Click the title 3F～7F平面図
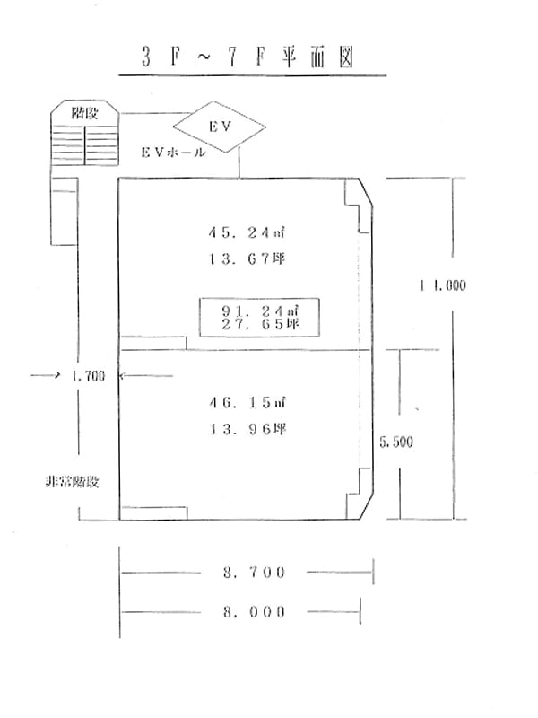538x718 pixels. point(247,57)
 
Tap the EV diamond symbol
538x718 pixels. point(220,127)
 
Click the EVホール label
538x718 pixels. point(173,153)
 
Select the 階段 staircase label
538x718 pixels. point(84,113)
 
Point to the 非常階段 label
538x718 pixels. point(72,482)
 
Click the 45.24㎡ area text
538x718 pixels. point(247,232)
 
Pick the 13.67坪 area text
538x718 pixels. point(247,259)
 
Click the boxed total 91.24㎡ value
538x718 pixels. point(260,311)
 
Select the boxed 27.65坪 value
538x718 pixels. point(260,324)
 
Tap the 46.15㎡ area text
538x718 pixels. point(247,402)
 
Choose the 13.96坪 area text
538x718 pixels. point(247,429)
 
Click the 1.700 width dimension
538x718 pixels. point(88,376)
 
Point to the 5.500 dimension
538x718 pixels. point(396,442)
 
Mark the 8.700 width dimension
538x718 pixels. point(255,573)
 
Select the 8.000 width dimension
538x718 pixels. point(255,612)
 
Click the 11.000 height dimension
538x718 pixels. point(443,285)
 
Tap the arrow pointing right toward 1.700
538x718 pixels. point(46,375)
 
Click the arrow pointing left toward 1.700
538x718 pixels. point(146,375)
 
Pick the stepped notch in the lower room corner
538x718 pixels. point(358,494)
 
